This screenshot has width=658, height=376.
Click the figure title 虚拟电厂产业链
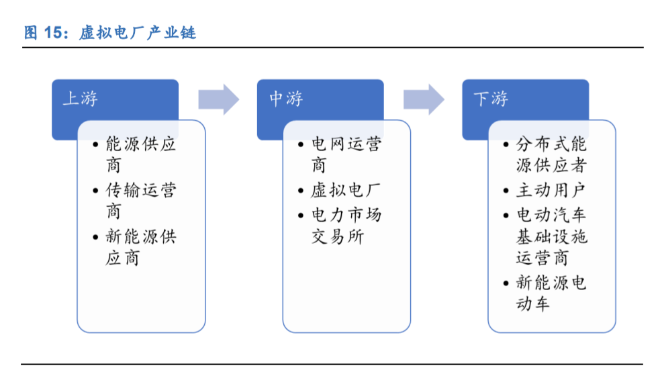click(x=138, y=33)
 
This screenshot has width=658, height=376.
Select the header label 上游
click(x=80, y=99)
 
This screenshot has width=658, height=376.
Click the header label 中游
click(x=286, y=99)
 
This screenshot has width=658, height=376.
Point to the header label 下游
click(x=491, y=99)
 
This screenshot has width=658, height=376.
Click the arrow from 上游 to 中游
click(x=219, y=99)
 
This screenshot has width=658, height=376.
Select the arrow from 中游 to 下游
click(x=424, y=99)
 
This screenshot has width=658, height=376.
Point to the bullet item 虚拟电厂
click(x=346, y=190)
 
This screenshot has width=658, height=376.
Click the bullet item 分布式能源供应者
click(x=551, y=154)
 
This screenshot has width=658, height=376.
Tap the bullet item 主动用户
click(x=551, y=190)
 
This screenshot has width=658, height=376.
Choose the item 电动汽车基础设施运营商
click(x=551, y=236)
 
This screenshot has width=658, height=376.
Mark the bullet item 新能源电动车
click(x=551, y=293)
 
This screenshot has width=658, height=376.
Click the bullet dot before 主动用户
click(x=506, y=191)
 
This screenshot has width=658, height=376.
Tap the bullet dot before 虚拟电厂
click(x=301, y=191)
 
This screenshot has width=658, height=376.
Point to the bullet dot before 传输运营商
click(x=95, y=191)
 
